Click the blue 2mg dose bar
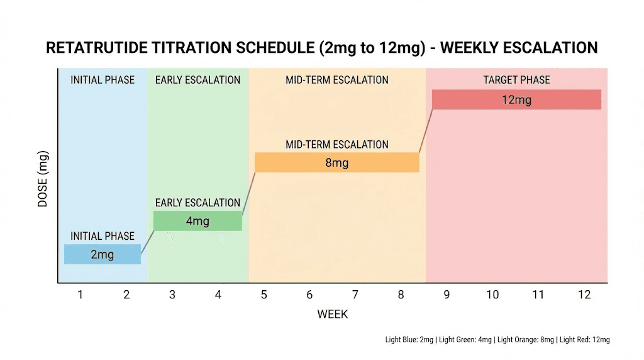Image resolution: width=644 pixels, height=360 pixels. coord(102,254)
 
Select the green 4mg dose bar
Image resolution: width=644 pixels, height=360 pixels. coord(197,221)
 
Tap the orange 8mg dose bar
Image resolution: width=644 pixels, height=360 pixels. coord(336,162)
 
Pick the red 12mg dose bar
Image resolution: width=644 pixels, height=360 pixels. coord(516,99)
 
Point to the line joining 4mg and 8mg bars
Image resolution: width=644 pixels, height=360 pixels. coord(248,192)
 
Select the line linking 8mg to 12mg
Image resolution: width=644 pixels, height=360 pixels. coord(425,131)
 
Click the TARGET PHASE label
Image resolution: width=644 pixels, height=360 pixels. coord(516,80)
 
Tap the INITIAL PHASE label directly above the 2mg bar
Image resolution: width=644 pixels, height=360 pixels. coord(102,236)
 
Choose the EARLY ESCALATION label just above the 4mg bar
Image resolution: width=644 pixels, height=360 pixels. coord(197,203)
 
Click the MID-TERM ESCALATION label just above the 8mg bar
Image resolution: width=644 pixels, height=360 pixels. coord(336,144)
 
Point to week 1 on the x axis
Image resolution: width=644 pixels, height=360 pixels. coord(80,295)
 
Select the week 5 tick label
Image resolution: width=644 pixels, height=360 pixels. coord(264,295)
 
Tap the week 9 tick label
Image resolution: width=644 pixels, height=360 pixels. coord(447,295)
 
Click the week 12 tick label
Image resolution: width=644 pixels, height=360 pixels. coord(584,295)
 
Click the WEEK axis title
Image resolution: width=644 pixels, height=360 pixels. coord(332,313)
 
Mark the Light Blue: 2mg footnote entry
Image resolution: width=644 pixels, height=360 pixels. coord(409,340)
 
